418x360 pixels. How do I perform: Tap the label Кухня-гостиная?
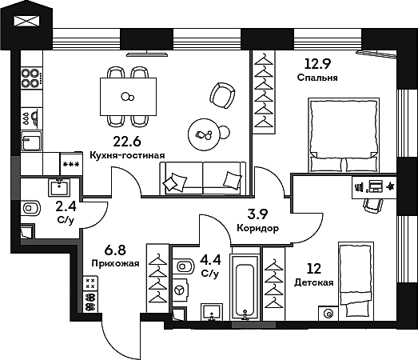(127, 156)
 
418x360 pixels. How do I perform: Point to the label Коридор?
(258, 228)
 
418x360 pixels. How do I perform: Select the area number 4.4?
(210, 259)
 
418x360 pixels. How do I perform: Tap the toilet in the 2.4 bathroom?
(31, 209)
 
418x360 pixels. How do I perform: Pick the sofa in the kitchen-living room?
(202, 178)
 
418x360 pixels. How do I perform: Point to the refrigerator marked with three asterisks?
(70, 164)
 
